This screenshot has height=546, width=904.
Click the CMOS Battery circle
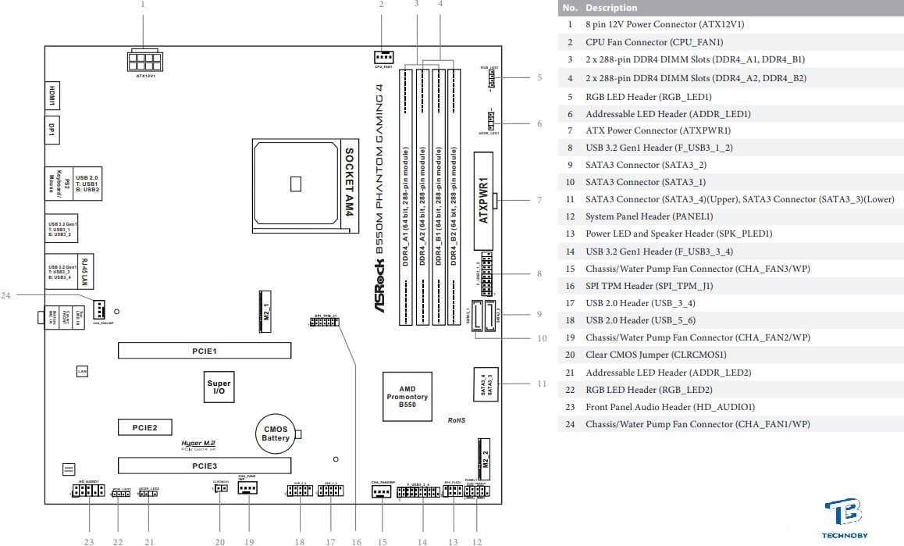click(275, 434)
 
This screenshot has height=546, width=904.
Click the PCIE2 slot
click(144, 427)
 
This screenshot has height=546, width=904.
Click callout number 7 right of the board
click(539, 201)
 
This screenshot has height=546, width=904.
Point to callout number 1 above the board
click(143, 5)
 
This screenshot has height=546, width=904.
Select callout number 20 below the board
click(219, 541)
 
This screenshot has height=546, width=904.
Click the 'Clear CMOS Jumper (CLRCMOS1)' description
click(656, 355)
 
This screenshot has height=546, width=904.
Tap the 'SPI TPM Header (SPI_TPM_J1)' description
click(649, 286)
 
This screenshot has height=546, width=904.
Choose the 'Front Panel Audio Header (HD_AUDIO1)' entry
click(670, 407)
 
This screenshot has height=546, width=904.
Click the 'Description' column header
click(611, 8)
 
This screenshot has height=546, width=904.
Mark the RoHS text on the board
click(456, 420)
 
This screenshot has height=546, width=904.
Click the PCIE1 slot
click(205, 351)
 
